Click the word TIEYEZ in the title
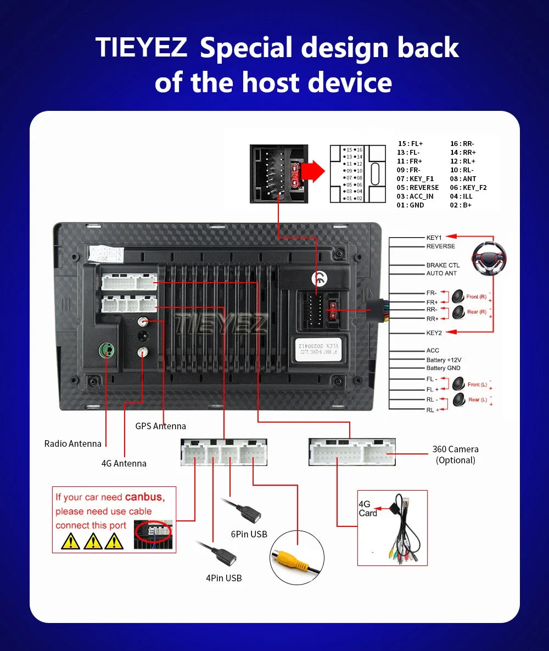142,48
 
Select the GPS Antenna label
160,426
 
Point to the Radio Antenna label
73,444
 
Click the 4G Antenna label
124,463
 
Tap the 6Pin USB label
249,534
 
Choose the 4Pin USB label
223,577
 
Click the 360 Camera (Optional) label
455,454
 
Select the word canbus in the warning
144,497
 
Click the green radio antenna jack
105,350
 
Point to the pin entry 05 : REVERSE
418,187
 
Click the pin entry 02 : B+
461,205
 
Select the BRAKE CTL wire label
443,265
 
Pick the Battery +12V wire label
444,360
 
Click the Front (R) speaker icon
458,296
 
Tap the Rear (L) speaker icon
458,400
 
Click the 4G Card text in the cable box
367,508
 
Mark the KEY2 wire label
434,333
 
